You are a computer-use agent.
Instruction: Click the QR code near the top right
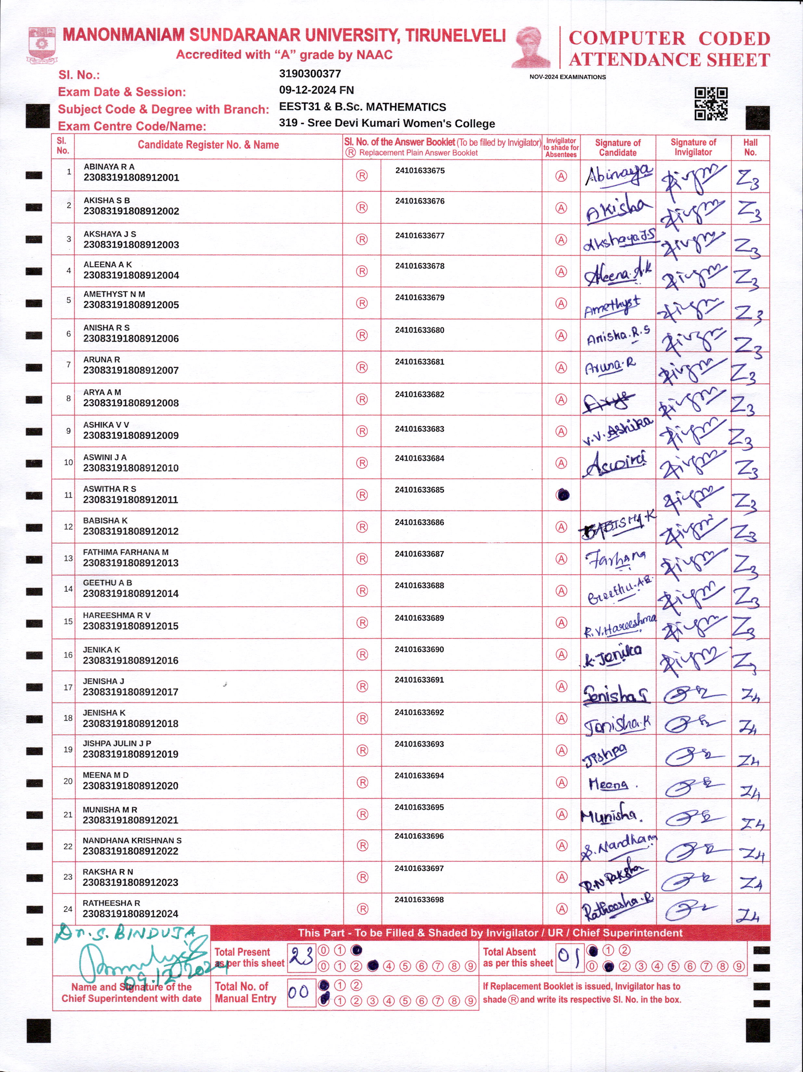[x=711, y=104]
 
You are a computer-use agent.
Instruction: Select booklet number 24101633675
[x=419, y=170]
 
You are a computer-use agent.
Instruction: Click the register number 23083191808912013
[x=131, y=563]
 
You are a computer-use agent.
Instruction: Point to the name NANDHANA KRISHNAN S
[x=132, y=840]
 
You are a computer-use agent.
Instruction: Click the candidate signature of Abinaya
[x=618, y=175]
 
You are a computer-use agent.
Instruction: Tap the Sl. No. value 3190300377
[x=310, y=74]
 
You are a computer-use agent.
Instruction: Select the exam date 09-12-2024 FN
[x=316, y=90]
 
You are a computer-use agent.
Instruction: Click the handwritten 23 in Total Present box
[x=301, y=957]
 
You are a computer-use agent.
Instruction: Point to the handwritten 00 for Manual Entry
[x=298, y=992]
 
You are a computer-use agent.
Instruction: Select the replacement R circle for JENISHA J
[x=362, y=686]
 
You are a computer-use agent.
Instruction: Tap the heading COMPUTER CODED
[x=669, y=38]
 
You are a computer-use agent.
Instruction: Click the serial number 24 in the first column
[x=68, y=909]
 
